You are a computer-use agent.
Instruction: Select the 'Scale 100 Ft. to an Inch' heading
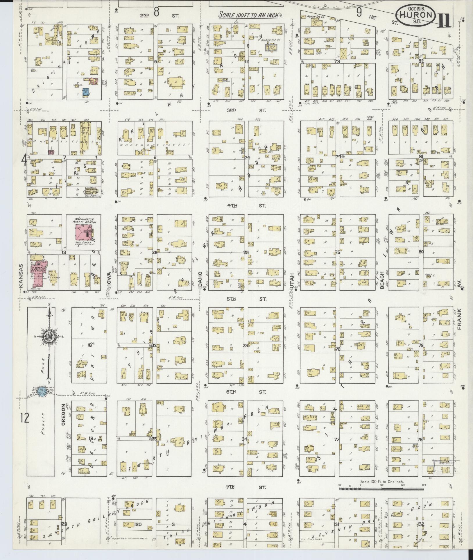(x=249, y=15)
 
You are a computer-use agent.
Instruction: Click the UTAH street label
(x=292, y=281)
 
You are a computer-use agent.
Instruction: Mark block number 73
(x=337, y=61)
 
